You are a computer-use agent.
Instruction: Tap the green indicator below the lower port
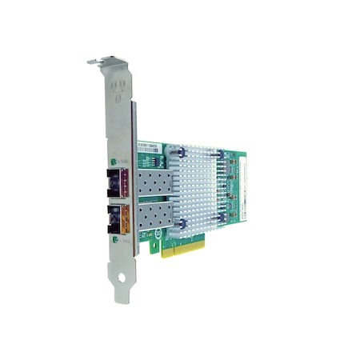pos(126,238)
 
